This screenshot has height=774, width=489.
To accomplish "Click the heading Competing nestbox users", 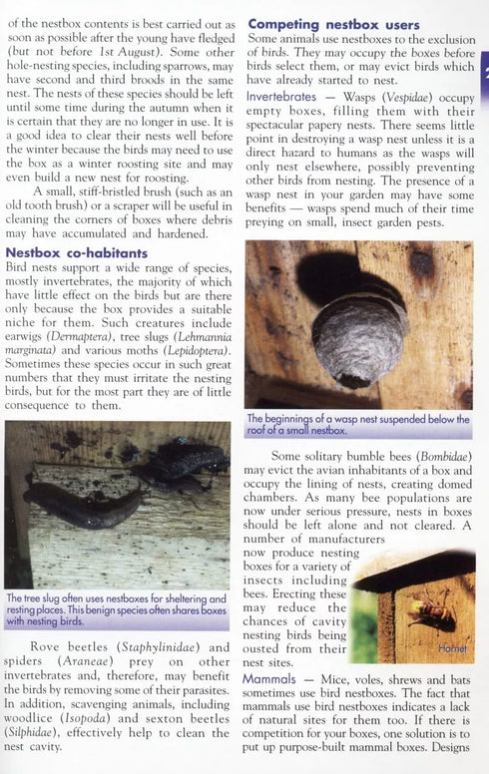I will click(x=333, y=23).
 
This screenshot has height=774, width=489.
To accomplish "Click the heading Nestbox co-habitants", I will click(x=77, y=253).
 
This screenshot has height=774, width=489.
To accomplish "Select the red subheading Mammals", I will click(x=268, y=678).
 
